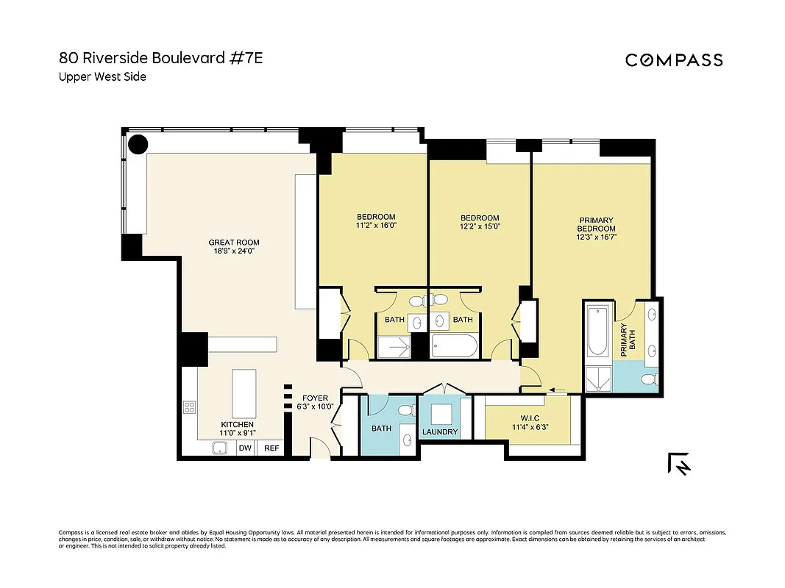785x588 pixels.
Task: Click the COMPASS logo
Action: tap(674, 60)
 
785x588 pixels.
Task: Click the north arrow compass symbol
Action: tap(679, 464)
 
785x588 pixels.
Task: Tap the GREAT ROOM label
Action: tap(234, 243)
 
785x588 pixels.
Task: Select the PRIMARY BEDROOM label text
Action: tap(596, 224)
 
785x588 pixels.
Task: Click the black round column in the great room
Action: tap(138, 144)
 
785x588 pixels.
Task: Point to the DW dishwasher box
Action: tap(246, 448)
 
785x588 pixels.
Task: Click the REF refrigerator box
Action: tap(271, 448)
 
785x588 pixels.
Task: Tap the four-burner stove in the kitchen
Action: tap(189, 407)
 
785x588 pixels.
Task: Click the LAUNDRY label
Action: tap(440, 432)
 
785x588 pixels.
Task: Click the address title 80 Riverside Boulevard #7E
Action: tap(160, 58)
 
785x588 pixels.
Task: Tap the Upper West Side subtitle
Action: tap(102, 76)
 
